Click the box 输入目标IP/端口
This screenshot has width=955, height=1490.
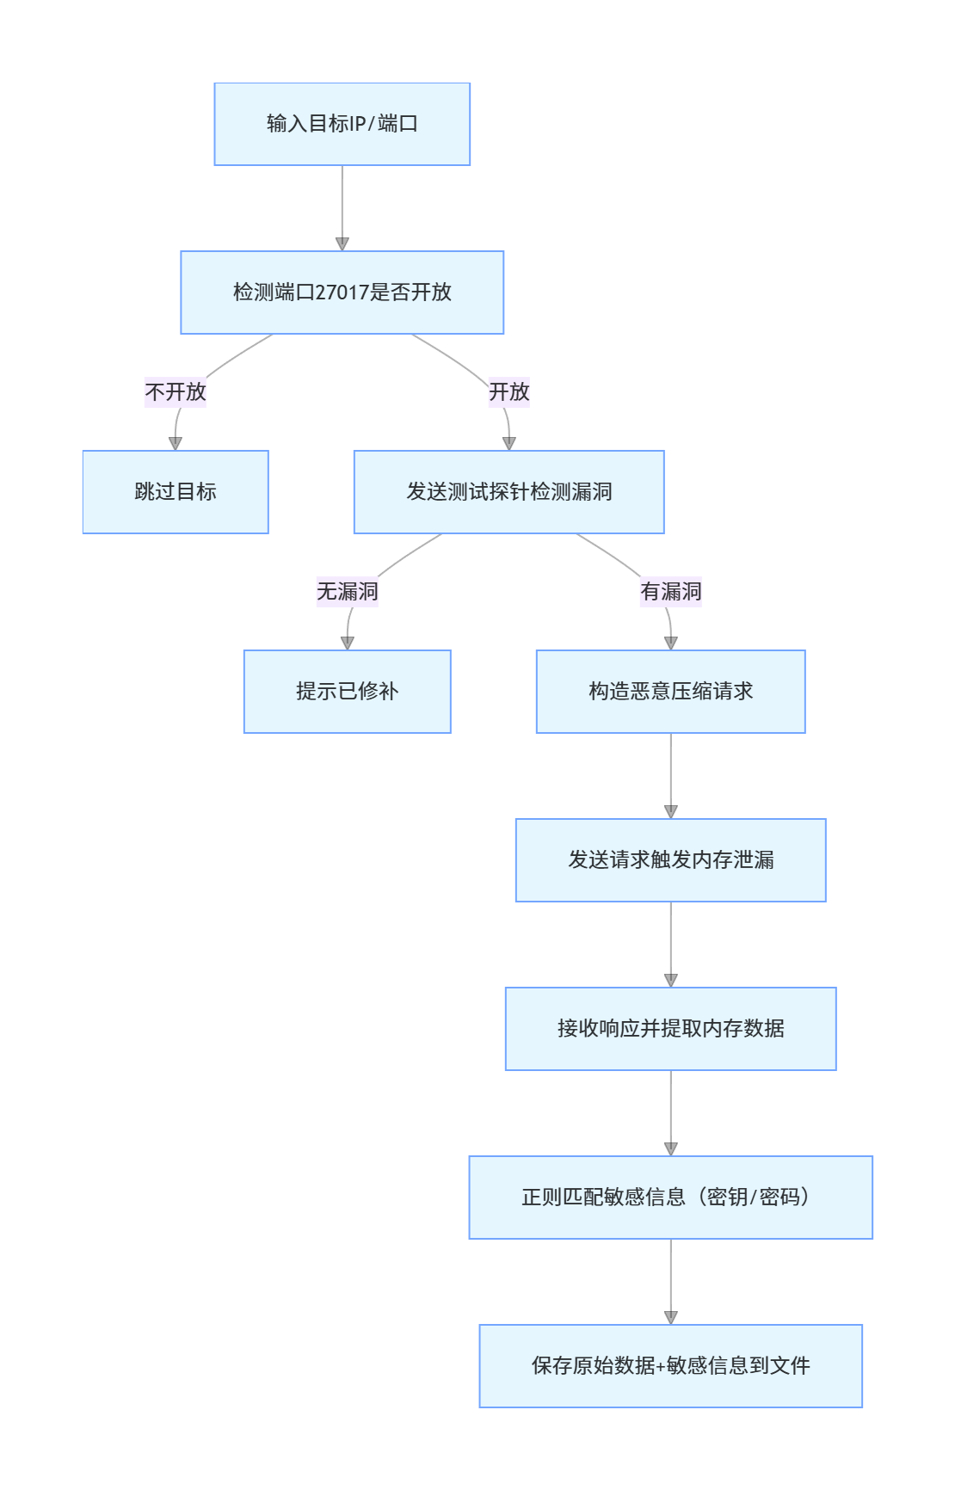pos(342,124)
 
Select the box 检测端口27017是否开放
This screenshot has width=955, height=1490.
pos(342,292)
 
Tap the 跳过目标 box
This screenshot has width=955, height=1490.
pos(176,492)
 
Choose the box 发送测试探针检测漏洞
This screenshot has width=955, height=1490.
pos(508,492)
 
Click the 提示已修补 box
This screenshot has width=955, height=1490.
pos(347,692)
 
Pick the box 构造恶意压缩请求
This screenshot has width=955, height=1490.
pos(670,692)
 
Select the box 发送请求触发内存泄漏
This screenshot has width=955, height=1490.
pos(670,860)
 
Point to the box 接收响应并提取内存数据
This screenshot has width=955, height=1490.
pos(670,1029)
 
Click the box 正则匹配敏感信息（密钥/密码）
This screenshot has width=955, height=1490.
pos(670,1198)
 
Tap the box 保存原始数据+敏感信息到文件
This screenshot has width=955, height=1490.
pos(670,1366)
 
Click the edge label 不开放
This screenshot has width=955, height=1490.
pos(176,392)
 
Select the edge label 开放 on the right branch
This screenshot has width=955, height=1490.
pos(508,392)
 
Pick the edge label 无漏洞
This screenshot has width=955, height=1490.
pos(347,592)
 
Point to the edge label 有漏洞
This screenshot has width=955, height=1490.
pos(670,592)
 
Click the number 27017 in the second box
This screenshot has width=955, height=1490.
pos(342,292)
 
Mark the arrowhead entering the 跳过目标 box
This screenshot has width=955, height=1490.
pos(176,444)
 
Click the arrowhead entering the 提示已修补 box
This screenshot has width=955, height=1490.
pos(347,643)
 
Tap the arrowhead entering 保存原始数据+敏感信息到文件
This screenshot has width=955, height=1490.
pos(670,1318)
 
